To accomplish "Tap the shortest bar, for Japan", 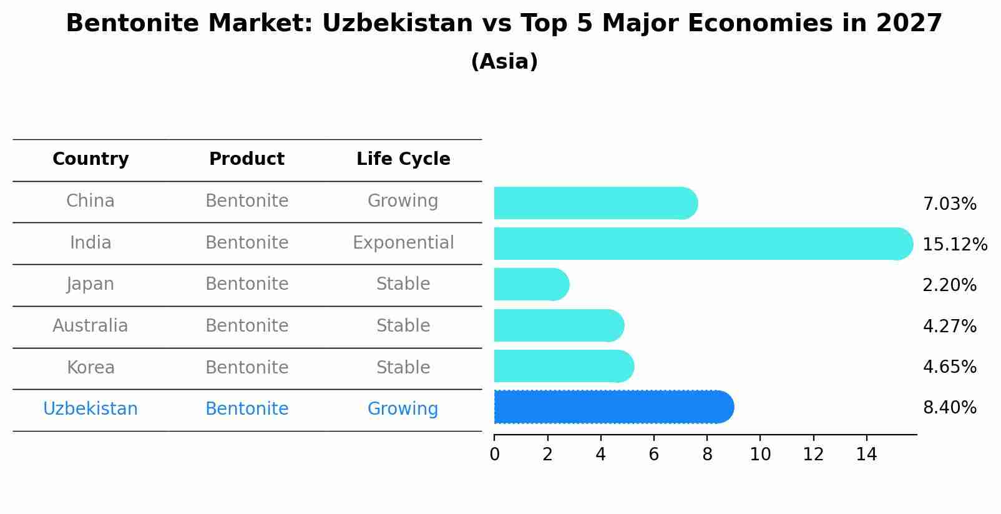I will (531, 285).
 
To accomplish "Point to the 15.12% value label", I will (954, 244).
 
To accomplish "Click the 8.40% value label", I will (949, 408).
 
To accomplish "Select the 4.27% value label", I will (949, 326).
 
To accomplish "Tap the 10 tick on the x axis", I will (760, 455).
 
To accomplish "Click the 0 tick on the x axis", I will (495, 455).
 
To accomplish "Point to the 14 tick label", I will (866, 455).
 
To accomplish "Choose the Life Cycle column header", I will (403, 159).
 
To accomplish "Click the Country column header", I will (90, 159).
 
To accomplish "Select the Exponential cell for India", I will (403, 242).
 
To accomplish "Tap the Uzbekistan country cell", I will (90, 409).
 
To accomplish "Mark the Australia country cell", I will (90, 326).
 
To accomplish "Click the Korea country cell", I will (90, 367).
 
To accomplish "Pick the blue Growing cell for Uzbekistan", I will (403, 409).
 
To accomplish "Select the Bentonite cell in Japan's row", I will (247, 284).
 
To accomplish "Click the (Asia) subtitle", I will (504, 62).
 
